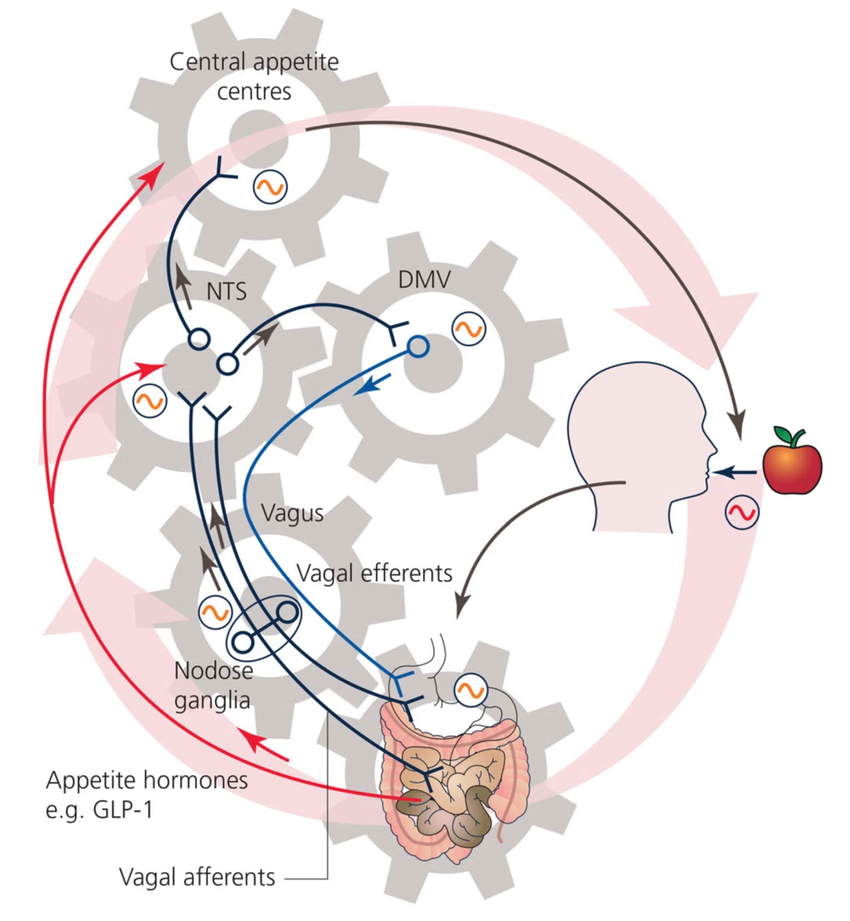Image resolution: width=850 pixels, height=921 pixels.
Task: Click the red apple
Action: (792, 468)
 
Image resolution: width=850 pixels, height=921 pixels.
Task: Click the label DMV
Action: (424, 280)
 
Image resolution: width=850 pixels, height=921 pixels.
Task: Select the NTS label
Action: (226, 292)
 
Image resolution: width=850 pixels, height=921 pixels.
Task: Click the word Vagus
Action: (292, 514)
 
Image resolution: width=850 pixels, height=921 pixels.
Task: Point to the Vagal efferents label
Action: (375, 574)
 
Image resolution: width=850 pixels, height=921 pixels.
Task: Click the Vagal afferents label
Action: (197, 877)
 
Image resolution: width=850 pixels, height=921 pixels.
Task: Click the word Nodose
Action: (214, 671)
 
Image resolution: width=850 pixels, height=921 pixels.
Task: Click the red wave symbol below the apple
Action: (742, 512)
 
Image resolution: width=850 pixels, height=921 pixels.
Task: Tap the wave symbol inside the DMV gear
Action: (469, 328)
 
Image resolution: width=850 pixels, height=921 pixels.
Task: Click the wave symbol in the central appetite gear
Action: (270, 187)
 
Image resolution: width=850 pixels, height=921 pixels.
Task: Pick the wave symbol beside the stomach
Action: (471, 690)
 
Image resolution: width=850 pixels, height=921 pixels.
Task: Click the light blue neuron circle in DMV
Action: (418, 346)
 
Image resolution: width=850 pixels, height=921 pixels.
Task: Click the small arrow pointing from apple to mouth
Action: (735, 473)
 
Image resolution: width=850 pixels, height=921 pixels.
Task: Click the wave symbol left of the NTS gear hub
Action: (149, 402)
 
